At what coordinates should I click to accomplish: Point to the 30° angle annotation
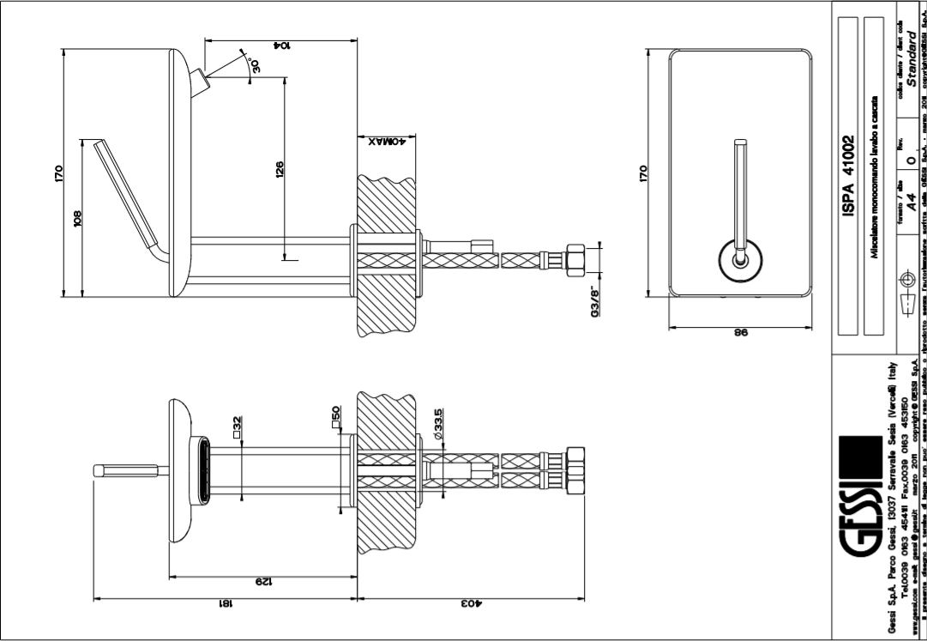254,65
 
